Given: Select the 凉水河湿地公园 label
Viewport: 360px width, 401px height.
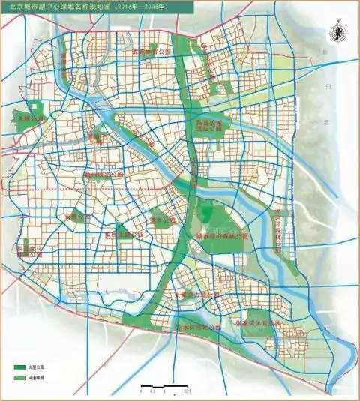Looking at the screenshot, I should [198, 328].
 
